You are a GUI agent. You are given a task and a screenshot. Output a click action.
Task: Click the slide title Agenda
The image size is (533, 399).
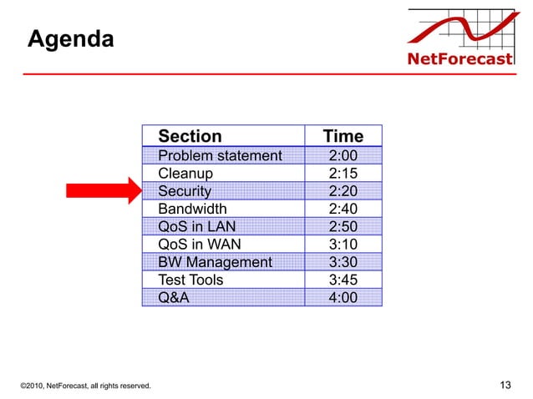pos(70,39)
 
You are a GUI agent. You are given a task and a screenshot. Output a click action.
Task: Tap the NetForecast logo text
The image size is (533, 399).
pos(459,59)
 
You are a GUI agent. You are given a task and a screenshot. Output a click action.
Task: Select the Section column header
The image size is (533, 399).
pos(190,136)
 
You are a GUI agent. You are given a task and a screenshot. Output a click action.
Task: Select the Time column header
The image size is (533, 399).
pos(343,136)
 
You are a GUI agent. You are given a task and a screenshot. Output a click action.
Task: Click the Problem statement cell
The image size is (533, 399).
pos(220,156)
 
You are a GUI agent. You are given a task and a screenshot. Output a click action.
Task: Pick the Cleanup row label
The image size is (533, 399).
pos(185,174)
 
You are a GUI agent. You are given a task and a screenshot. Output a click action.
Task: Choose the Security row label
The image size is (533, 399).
pos(185,191)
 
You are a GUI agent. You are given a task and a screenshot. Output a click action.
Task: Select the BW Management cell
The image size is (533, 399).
pos(215,262)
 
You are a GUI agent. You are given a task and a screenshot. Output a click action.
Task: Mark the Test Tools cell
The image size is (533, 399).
pos(190,280)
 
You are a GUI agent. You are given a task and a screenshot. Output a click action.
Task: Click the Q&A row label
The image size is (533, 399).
pos(174,297)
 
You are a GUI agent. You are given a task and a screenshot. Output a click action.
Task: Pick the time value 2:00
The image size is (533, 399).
pos(343,156)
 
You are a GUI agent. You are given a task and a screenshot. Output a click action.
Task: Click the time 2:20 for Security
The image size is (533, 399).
pos(343,191)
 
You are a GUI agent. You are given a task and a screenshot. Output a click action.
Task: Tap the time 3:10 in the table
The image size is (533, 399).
pos(343,244)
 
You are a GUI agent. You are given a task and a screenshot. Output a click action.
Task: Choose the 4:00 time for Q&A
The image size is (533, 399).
pos(343,297)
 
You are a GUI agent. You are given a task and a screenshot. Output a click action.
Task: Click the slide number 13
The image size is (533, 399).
pos(504,385)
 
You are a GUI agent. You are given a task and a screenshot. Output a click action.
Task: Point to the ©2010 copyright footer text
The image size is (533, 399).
pos(85,386)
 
